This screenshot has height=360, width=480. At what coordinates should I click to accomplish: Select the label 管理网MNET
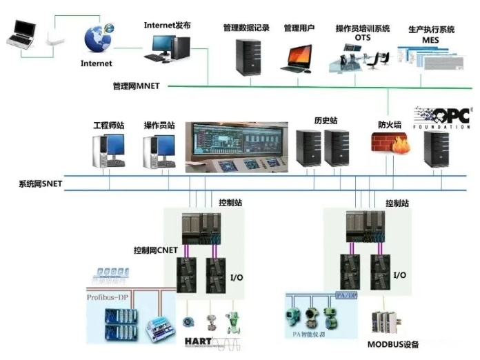point(136,87)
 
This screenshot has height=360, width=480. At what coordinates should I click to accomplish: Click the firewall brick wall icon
point(390,146)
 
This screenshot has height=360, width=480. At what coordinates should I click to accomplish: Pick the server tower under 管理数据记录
point(246,57)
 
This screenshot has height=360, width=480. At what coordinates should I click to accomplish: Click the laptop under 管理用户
point(299,59)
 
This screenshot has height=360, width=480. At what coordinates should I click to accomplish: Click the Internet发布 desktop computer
point(168,48)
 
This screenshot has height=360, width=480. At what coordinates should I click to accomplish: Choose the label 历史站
point(326,121)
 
